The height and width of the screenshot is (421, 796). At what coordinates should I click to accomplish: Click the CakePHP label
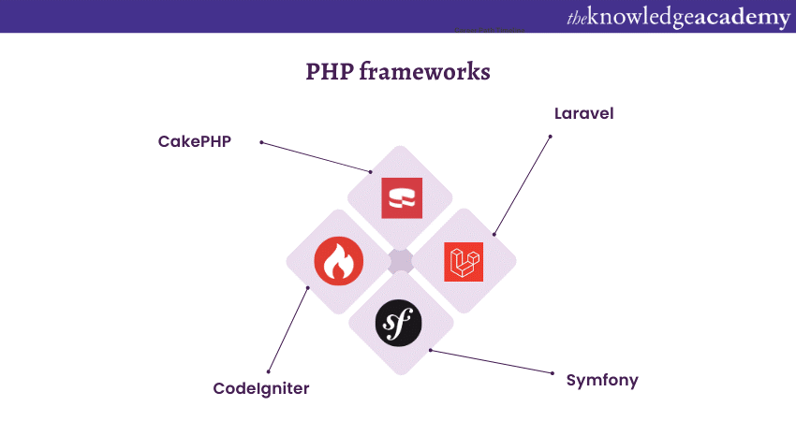tap(194, 141)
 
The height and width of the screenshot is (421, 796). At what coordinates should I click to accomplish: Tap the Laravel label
tap(583, 113)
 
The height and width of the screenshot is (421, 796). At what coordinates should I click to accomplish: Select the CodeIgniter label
tap(260, 387)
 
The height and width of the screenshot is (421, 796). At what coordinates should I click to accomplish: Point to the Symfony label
tap(602, 380)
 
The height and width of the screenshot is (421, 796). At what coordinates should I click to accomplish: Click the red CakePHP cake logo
tap(402, 198)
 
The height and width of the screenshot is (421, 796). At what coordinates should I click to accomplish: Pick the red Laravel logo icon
tap(464, 262)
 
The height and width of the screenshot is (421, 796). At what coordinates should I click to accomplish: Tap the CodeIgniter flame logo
tap(337, 261)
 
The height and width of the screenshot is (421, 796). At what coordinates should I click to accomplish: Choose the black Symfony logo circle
tap(399, 324)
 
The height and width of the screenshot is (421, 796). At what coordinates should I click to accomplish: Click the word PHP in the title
tap(328, 72)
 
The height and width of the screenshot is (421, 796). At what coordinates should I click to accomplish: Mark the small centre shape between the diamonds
tap(401, 262)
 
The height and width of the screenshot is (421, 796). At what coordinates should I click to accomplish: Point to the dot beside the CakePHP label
tap(261, 143)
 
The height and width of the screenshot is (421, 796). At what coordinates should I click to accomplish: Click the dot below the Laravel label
tap(551, 137)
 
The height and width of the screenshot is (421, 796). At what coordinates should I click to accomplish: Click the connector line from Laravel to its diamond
tap(523, 184)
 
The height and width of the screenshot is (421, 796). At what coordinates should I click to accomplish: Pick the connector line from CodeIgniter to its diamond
tap(288, 328)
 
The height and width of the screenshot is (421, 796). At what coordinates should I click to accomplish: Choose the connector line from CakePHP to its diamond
tap(317, 157)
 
